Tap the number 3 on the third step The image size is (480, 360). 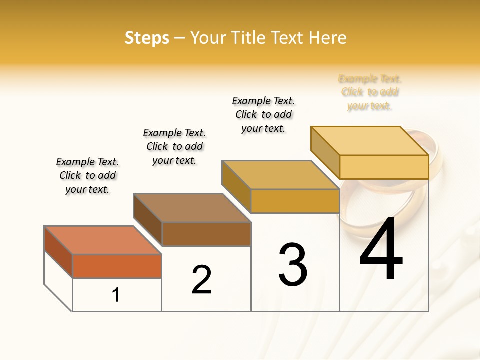[293, 265]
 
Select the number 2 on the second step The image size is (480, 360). [202, 280]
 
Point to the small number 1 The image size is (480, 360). [116, 295]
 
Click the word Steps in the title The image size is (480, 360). [147, 38]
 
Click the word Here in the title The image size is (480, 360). [327, 38]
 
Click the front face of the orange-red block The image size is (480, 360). [117, 266]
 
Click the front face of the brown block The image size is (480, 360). [206, 234]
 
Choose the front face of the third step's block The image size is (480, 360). [295, 201]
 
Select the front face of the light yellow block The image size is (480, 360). [384, 167]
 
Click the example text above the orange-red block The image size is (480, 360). [87, 176]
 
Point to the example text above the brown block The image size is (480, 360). [174, 147]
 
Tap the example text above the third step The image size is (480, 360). [263, 115]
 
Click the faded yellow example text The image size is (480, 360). [370, 92]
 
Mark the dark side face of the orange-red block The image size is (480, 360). [58, 252]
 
